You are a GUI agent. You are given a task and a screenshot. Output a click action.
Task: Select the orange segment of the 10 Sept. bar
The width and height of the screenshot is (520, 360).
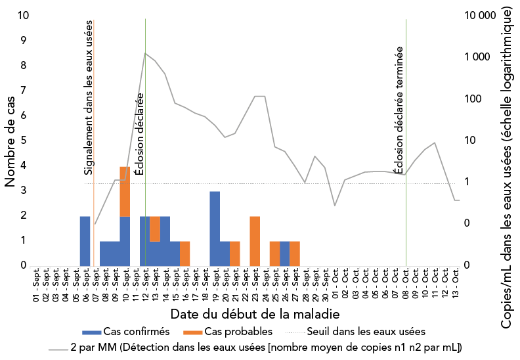(x=125, y=191)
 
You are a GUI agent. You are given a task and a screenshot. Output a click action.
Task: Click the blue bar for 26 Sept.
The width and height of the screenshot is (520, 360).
(x=285, y=253)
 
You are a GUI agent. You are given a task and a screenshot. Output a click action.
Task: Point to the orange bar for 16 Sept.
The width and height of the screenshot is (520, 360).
(x=185, y=253)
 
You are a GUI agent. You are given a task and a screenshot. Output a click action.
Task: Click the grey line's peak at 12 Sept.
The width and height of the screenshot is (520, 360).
(x=145, y=53)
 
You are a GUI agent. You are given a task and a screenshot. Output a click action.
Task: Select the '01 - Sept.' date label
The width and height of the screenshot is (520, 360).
(x=35, y=284)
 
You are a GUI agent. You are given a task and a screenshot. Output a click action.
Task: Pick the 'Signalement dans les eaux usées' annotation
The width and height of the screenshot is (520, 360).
(x=89, y=97)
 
